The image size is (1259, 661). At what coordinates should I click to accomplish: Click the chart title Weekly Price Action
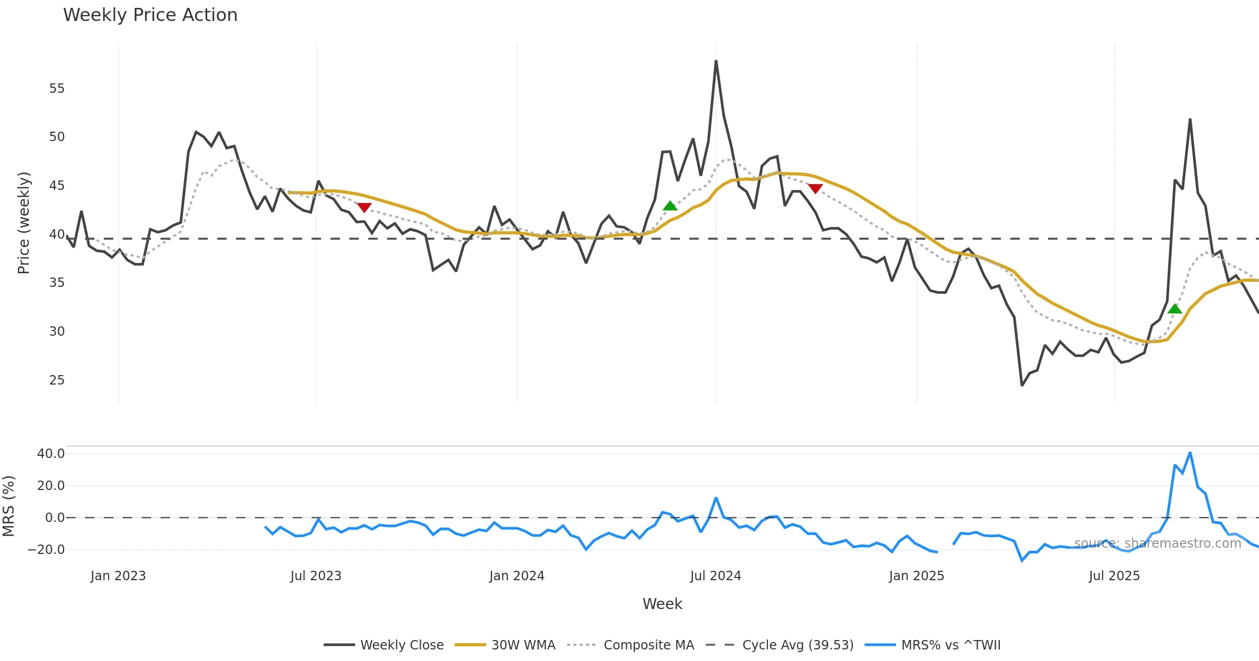[x=150, y=15]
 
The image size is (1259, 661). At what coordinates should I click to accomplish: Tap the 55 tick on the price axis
[x=57, y=89]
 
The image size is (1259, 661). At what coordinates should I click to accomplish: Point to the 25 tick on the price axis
[x=57, y=380]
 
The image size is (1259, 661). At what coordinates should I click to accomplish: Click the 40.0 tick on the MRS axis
[x=51, y=454]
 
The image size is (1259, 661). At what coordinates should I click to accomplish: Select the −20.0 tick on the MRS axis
[x=46, y=550]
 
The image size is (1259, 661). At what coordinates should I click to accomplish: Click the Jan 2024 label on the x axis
[x=517, y=576]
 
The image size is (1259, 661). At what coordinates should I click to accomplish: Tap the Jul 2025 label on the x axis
[x=1114, y=576]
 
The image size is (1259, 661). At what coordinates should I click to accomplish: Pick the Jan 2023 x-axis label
[x=118, y=576]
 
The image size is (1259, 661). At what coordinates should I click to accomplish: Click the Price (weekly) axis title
[x=24, y=223]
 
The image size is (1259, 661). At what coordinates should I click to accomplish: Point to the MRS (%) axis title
[x=8, y=506]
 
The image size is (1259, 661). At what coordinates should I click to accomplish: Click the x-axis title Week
[x=662, y=604]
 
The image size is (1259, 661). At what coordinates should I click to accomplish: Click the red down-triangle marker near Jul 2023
[x=364, y=208]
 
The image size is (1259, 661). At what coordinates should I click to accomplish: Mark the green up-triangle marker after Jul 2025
[x=1175, y=308]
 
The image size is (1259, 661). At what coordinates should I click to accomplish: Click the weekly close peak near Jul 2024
[x=716, y=61]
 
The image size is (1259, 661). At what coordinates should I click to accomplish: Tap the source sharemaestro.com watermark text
[x=1157, y=543]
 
